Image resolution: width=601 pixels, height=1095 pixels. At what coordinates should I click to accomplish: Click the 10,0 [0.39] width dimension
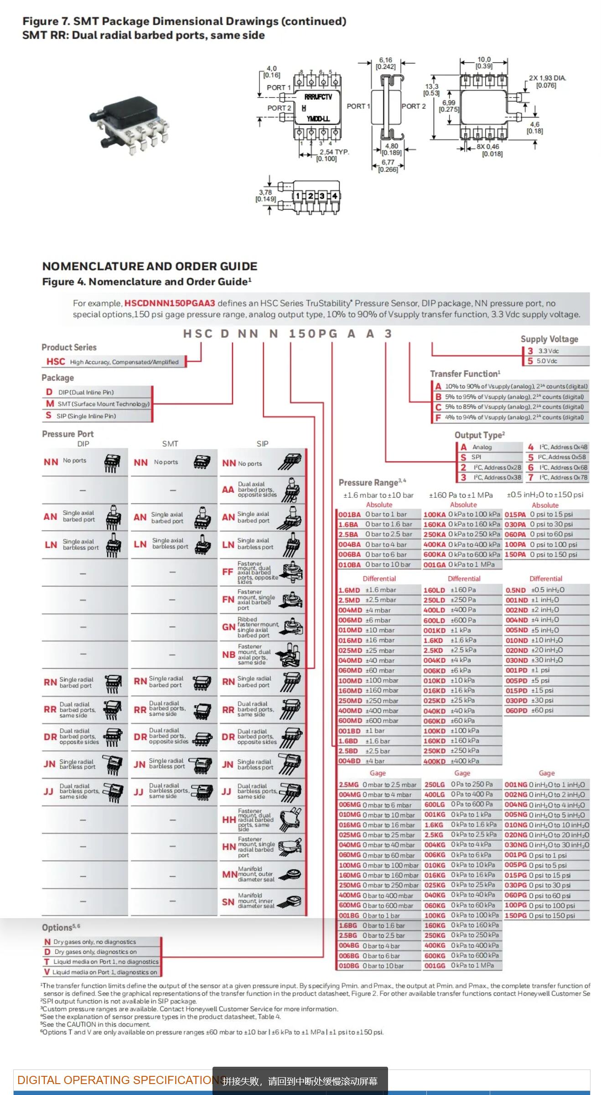pyautogui.click(x=484, y=63)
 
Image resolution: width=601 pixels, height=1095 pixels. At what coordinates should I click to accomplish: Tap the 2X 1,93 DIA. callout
pyautogui.click(x=547, y=82)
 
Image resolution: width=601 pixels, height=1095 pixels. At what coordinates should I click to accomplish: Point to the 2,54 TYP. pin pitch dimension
pyautogui.click(x=334, y=155)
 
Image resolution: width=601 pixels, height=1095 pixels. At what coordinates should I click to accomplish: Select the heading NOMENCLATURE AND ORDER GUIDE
pyautogui.click(x=150, y=266)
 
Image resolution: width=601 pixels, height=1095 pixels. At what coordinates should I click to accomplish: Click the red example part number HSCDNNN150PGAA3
pyautogui.click(x=170, y=303)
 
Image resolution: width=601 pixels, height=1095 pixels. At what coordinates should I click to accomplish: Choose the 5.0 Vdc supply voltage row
pyautogui.click(x=555, y=361)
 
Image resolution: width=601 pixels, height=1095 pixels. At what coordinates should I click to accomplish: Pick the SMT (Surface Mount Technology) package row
pyautogui.click(x=98, y=404)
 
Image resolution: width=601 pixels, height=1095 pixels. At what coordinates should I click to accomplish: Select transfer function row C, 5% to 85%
pyautogui.click(x=511, y=407)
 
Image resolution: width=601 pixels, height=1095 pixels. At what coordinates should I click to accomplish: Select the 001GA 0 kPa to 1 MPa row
pyautogui.click(x=461, y=565)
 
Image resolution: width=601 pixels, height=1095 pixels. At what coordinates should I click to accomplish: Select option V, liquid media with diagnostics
pyautogui.click(x=101, y=972)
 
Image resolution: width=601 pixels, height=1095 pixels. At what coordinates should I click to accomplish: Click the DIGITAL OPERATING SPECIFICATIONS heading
pyautogui.click(x=119, y=1080)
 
